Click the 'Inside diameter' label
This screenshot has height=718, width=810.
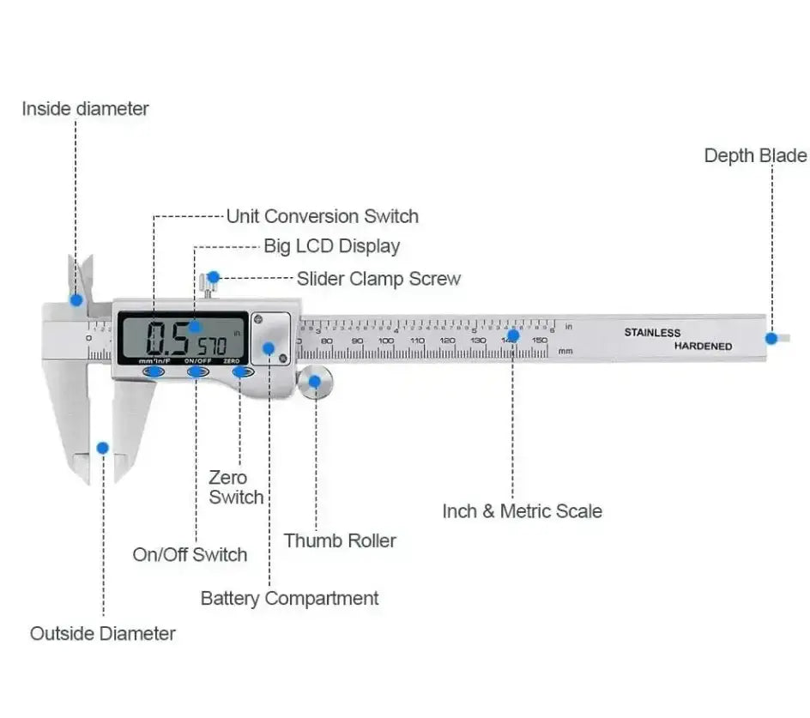point(85,109)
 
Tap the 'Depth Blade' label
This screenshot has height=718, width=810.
point(755,155)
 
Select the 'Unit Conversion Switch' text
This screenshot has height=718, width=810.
point(322,216)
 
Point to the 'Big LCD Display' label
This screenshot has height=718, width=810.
point(331,246)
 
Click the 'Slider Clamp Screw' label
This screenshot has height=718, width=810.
point(378,279)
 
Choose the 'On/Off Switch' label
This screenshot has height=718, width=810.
point(190,554)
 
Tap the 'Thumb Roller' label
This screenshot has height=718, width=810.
point(340,540)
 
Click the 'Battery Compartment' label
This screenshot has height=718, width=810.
point(289,598)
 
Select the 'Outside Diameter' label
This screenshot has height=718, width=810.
point(103,634)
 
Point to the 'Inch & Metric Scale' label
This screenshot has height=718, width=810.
point(522,511)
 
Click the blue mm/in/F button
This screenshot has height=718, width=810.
point(154,371)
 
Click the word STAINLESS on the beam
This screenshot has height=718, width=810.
point(652,333)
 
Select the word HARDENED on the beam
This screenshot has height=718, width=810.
point(703,347)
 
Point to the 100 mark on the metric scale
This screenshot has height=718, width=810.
point(386,341)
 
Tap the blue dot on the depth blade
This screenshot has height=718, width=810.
point(771,337)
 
